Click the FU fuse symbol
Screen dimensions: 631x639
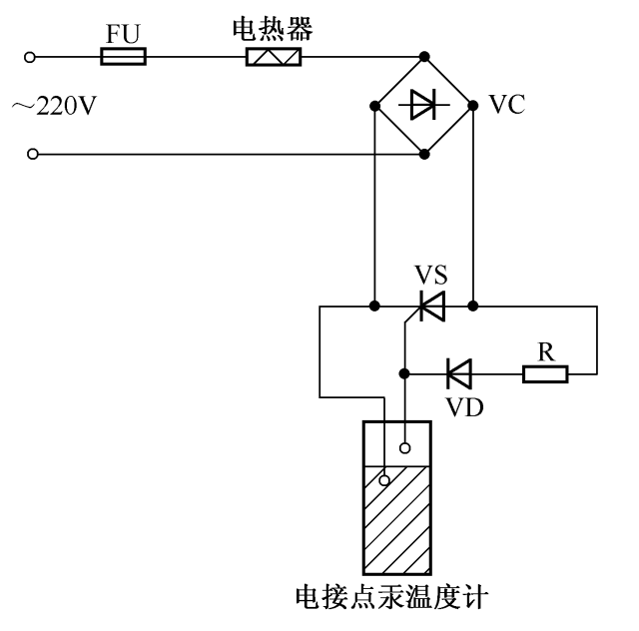coord(124,57)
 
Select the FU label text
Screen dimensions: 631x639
coord(124,32)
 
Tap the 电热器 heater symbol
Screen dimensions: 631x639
coord(274,57)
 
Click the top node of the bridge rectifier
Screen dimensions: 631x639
coord(425,57)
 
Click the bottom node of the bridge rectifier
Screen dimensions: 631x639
coord(425,154)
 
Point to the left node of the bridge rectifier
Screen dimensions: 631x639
coord(375,104)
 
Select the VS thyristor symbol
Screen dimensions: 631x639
coord(431,306)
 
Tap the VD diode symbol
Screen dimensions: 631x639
coord(458,374)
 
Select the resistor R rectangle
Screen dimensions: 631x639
coord(545,374)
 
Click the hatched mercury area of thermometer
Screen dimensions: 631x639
coord(396,519)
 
